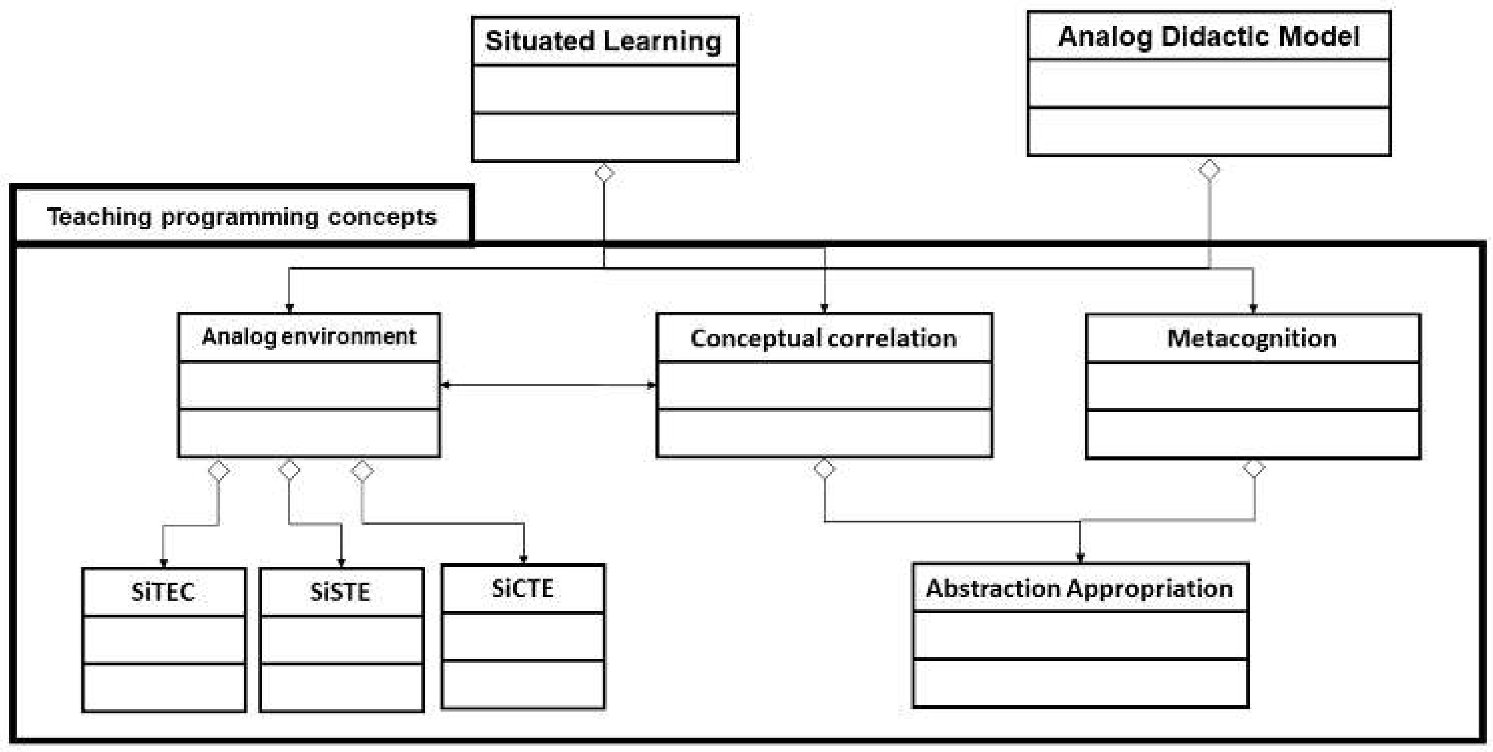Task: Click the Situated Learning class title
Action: coord(603,41)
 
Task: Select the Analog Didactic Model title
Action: coord(1208,36)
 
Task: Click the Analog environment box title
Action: coord(308,336)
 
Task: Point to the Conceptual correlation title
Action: coord(824,338)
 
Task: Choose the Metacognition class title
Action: coord(1252,338)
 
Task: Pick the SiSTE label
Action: coord(340,592)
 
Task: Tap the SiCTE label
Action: coord(522,588)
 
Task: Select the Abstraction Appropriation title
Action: coord(1079,588)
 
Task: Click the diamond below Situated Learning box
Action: coord(605,173)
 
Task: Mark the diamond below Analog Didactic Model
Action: coord(1209,170)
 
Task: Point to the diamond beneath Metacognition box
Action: coord(1254,468)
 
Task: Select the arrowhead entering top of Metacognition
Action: coord(1253,309)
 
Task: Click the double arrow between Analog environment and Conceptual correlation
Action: coord(548,385)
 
